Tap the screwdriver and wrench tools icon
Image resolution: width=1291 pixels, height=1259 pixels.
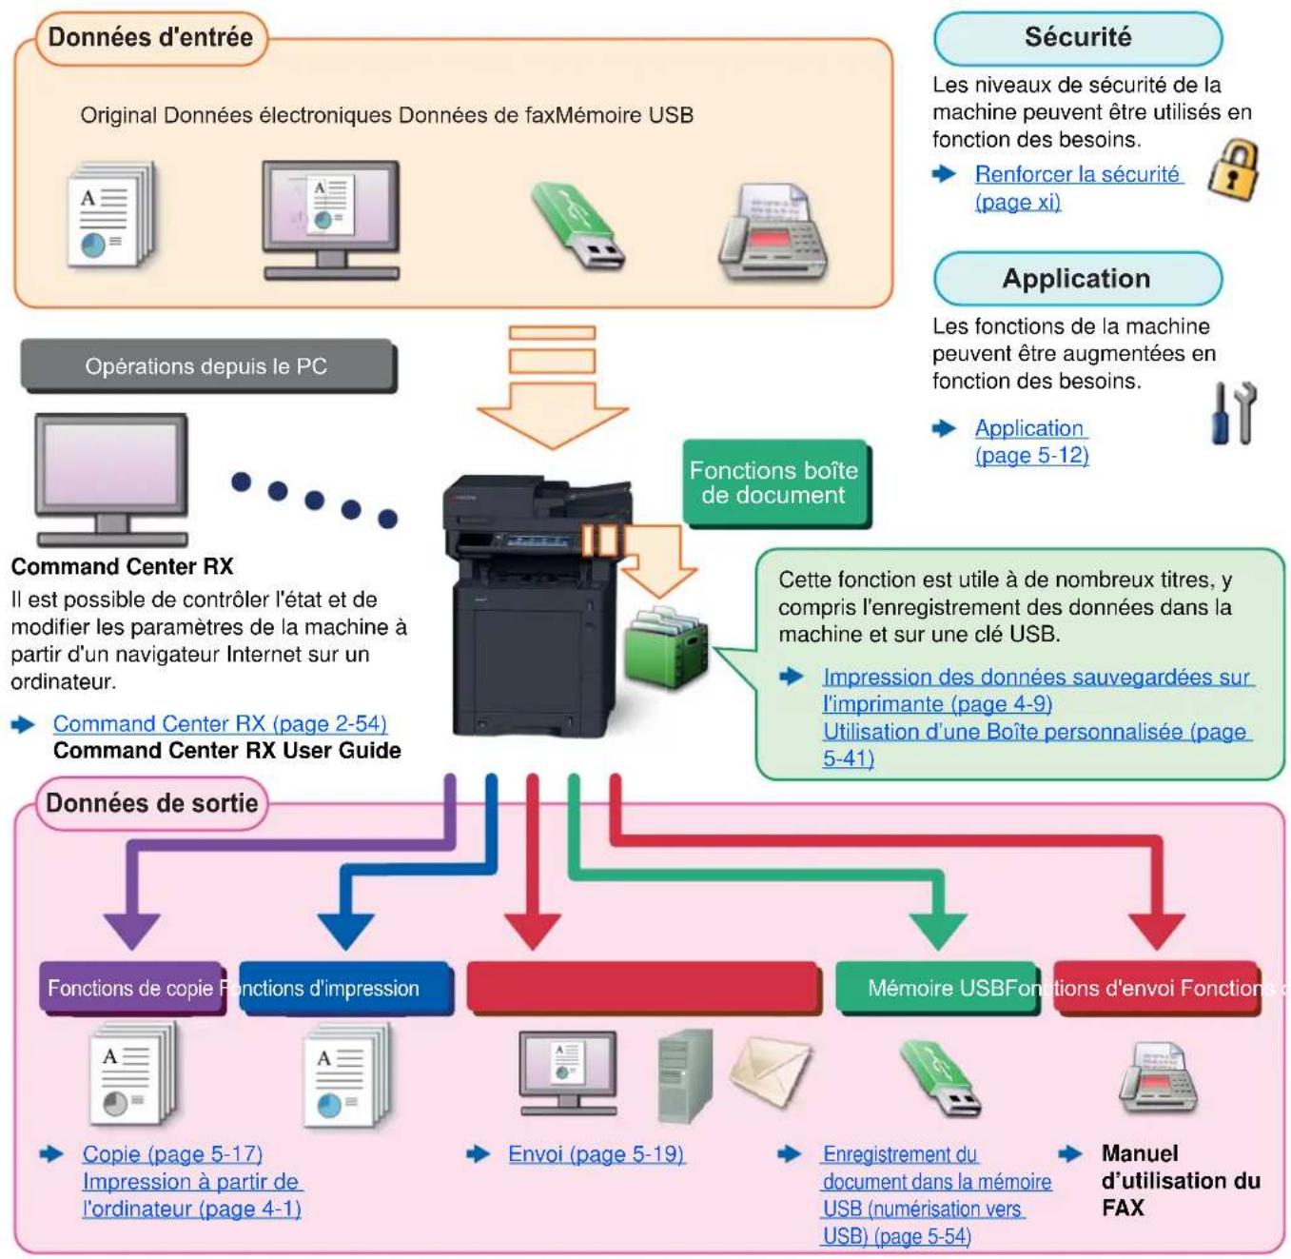click(x=1233, y=413)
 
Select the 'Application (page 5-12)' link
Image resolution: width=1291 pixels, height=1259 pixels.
click(x=1031, y=442)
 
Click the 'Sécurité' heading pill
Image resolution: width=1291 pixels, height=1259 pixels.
click(x=1077, y=37)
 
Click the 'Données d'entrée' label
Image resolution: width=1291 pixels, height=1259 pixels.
click(x=150, y=37)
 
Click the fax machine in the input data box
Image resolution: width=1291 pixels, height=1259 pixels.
click(x=773, y=231)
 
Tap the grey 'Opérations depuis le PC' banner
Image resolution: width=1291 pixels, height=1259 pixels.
click(x=207, y=365)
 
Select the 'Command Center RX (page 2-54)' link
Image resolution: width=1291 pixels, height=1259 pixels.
click(x=220, y=723)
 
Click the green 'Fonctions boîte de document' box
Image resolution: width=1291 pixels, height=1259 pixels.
click(x=774, y=482)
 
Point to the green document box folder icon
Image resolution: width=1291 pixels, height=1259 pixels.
click(x=665, y=647)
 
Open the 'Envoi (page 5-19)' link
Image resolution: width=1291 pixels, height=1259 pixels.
click(x=596, y=1153)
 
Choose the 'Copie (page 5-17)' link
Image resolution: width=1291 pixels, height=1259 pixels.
click(x=172, y=1153)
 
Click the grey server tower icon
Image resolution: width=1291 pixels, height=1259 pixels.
click(x=685, y=1075)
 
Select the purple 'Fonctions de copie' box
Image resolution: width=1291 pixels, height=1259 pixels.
click(x=131, y=988)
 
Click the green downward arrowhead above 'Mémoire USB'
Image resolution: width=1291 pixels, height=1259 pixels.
click(x=937, y=930)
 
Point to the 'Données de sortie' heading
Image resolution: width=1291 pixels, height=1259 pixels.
click(x=151, y=803)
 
